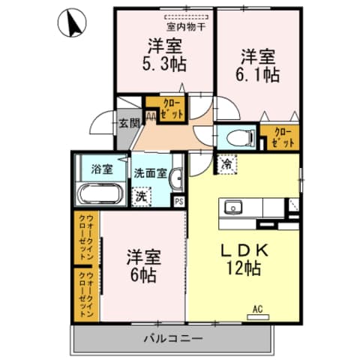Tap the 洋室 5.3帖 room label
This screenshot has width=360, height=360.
point(166,53)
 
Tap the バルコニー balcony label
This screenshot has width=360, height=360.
point(172,338)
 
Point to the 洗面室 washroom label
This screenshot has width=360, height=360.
point(149,172)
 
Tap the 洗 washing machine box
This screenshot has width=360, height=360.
point(140,196)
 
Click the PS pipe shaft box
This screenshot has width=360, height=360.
point(179,201)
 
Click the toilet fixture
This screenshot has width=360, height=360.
point(235,136)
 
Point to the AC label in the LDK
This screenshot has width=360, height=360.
point(257,307)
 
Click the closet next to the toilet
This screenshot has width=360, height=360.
point(280,136)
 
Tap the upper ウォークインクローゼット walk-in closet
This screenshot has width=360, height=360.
point(88,237)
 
